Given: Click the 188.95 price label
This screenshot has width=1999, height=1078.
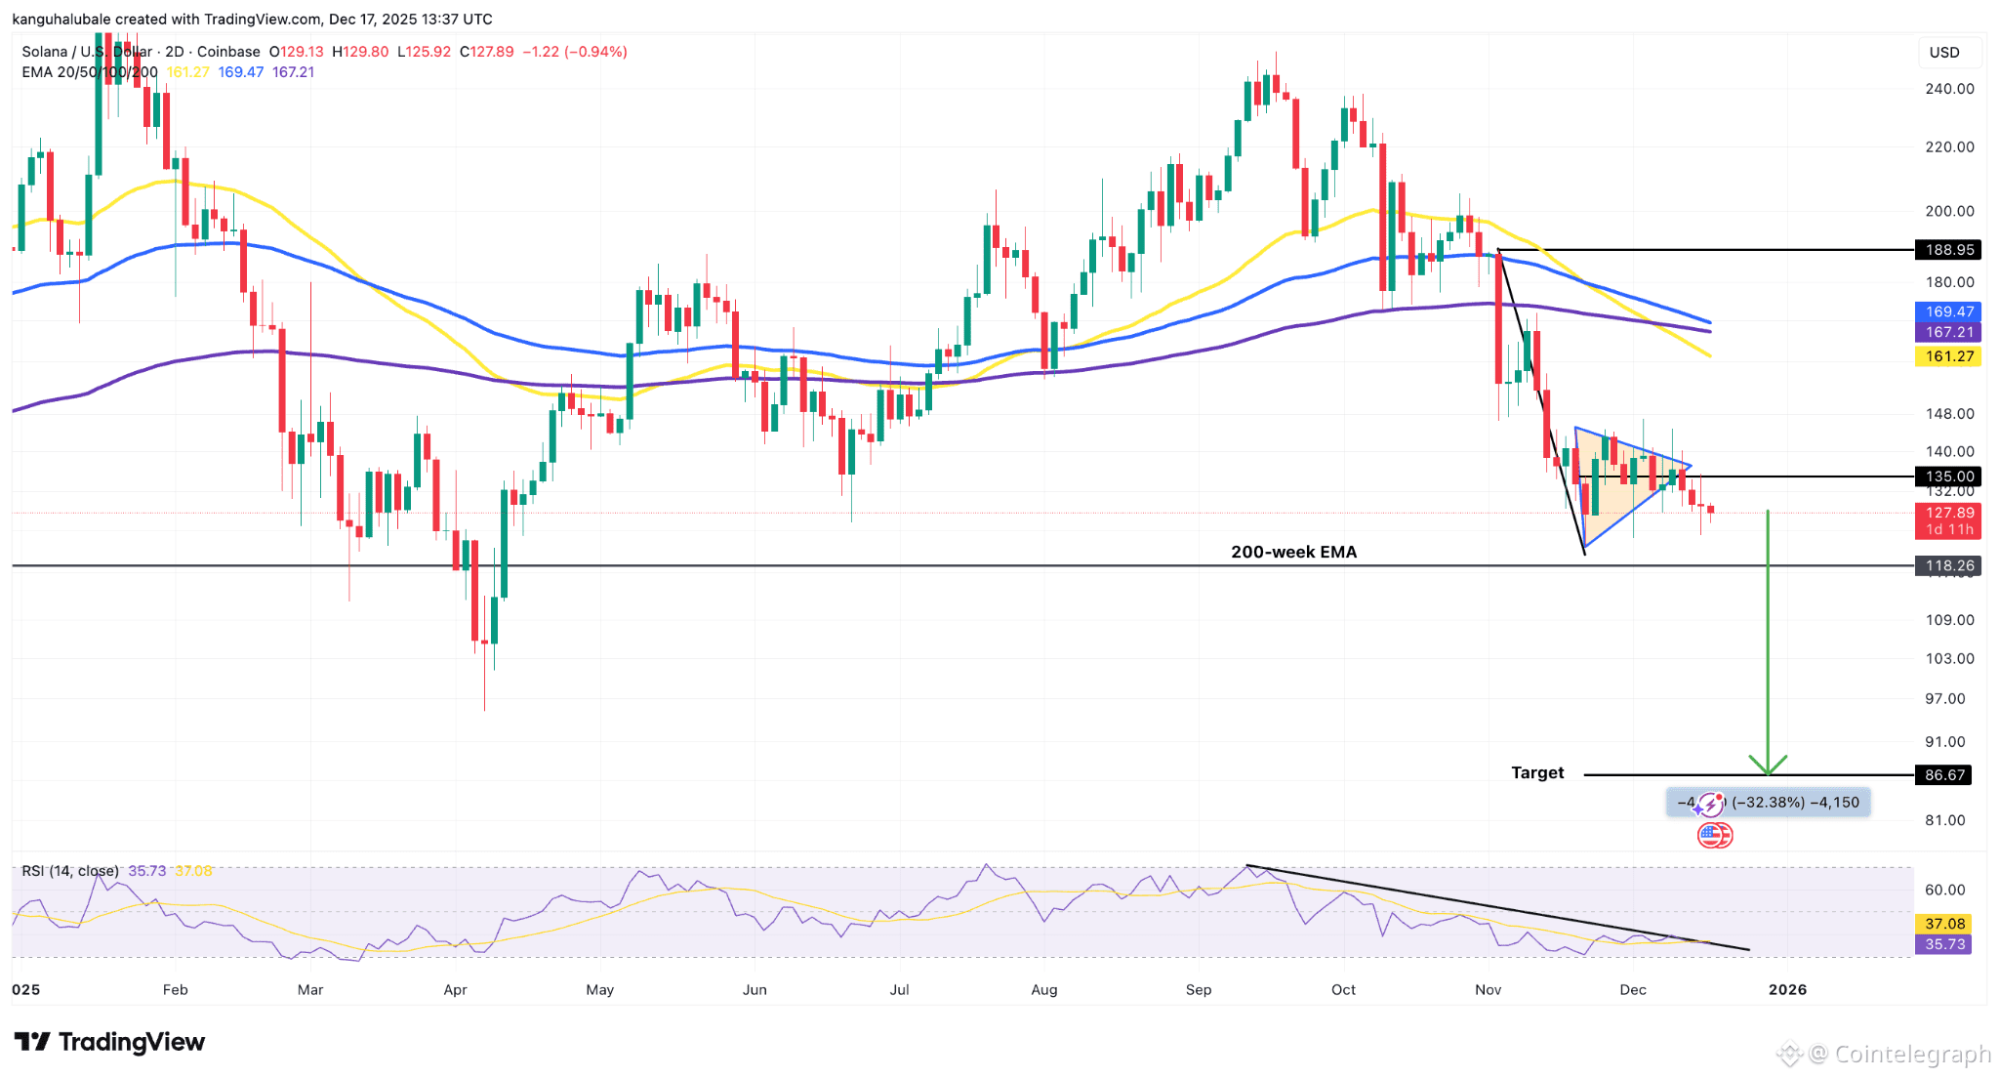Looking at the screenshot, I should click(x=1948, y=250).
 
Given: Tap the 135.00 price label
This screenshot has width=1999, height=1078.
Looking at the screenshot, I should click(x=1948, y=477).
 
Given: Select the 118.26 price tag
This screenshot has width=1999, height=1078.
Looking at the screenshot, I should click(x=1948, y=565).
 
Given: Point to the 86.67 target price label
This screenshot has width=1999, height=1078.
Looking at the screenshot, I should click(x=1944, y=775).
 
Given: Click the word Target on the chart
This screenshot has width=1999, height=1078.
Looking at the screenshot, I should click(x=1537, y=772).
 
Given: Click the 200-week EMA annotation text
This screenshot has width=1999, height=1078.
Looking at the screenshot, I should click(x=1293, y=552).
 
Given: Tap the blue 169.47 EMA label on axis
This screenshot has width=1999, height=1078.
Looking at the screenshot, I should click(x=1948, y=311).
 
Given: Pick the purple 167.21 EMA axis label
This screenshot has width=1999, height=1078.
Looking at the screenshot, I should click(x=1948, y=332).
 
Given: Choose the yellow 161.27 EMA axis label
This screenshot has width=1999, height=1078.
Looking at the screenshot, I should click(x=1948, y=356).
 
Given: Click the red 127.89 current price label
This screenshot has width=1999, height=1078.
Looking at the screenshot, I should click(x=1948, y=513).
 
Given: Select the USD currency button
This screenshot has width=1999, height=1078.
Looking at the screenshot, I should click(x=1943, y=53).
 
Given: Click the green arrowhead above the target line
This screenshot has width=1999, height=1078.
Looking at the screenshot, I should click(x=1768, y=765).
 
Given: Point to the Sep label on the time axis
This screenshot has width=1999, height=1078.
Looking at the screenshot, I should click(x=1199, y=989).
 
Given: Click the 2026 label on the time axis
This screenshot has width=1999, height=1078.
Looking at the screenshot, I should click(x=1787, y=989).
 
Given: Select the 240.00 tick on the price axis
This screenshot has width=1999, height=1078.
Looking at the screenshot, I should click(x=1949, y=89).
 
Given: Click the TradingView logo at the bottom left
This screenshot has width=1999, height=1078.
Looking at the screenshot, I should click(x=109, y=1042).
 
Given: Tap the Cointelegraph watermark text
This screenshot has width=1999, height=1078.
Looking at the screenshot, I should click(x=1911, y=1054).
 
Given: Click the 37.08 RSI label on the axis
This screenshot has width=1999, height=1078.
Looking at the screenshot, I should click(x=1944, y=924).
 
